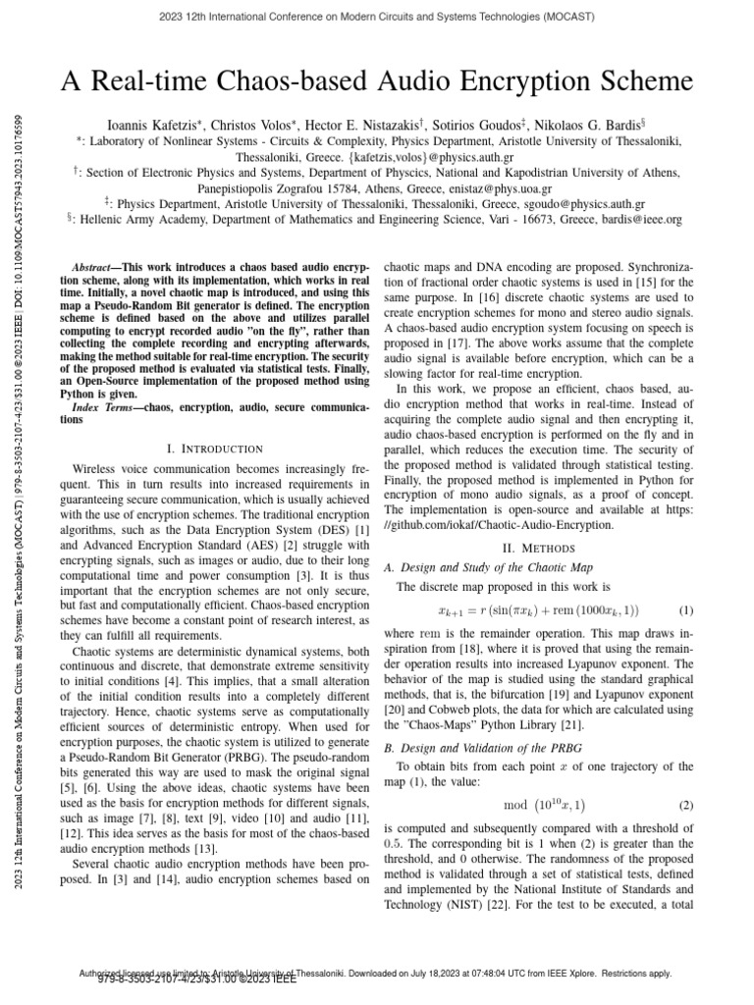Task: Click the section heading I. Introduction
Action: click(x=214, y=449)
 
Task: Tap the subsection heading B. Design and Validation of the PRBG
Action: click(x=474, y=746)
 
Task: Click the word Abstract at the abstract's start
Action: click(x=95, y=268)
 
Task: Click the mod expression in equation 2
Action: click(x=542, y=806)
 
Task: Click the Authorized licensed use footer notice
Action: click(x=377, y=973)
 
